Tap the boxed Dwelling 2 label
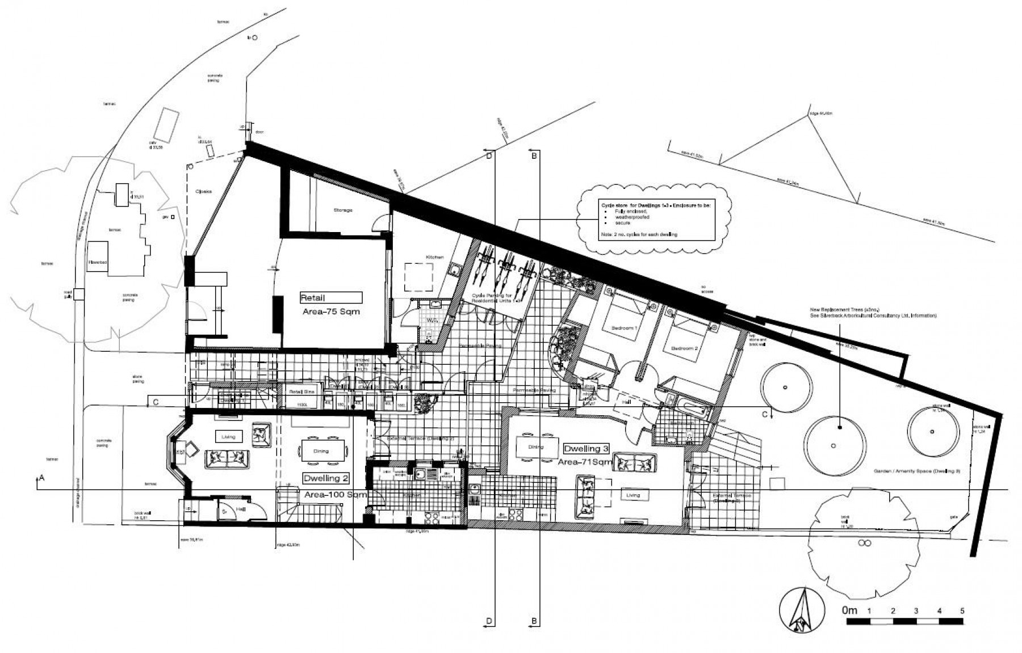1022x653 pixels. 322,478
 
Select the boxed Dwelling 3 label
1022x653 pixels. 587,449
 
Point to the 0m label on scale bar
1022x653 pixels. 849,611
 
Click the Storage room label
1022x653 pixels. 342,210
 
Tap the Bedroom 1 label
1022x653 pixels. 624,328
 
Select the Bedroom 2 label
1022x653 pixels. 684,348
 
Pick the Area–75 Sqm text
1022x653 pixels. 331,312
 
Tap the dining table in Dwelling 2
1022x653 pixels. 321,452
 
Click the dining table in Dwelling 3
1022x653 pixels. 535,447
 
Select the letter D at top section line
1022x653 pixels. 489,156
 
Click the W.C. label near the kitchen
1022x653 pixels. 431,320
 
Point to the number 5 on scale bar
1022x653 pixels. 962,611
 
